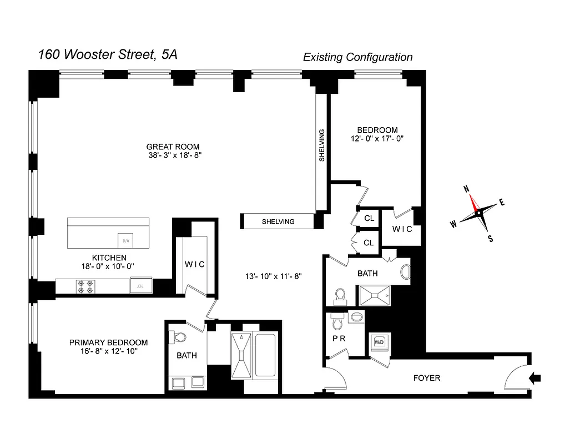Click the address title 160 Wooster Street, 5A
click(x=108, y=54)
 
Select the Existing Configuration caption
click(x=357, y=57)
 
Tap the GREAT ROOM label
click(x=173, y=147)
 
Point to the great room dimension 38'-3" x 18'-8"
click(x=173, y=156)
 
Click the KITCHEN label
click(x=109, y=258)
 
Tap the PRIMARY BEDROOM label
click(x=108, y=342)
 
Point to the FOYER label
click(x=427, y=378)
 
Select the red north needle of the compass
click(x=473, y=203)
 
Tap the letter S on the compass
click(x=490, y=239)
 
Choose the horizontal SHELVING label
click(x=278, y=221)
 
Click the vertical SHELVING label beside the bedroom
click(x=321, y=145)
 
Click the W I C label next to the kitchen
click(x=195, y=265)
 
